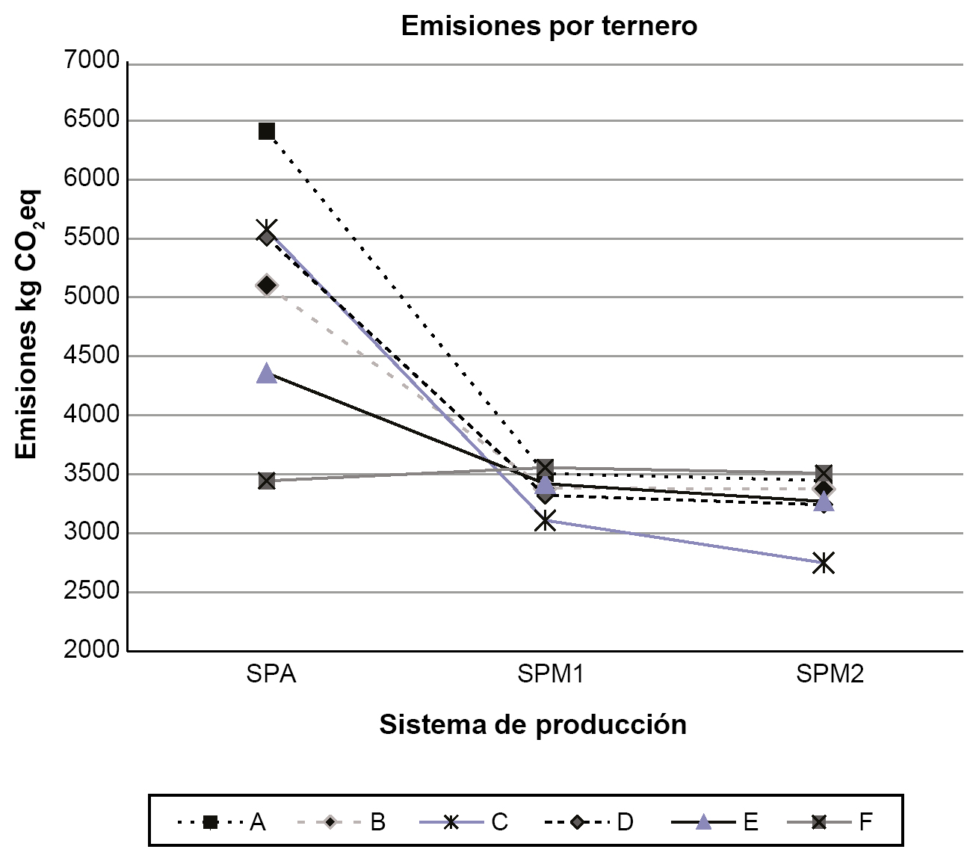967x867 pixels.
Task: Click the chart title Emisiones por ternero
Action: click(549, 26)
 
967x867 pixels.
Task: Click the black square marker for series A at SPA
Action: click(267, 132)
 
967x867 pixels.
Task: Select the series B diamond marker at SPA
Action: click(267, 285)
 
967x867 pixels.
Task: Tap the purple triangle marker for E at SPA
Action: click(267, 374)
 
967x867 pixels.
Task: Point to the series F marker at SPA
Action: click(267, 480)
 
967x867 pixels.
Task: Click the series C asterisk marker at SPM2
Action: click(824, 562)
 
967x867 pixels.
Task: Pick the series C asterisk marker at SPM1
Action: click(546, 520)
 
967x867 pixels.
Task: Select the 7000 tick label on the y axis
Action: click(92, 61)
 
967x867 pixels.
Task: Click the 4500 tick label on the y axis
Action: click(92, 355)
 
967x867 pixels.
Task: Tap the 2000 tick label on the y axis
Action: click(92, 650)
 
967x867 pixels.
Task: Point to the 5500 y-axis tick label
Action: click(92, 237)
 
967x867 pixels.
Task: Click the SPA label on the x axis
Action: click(271, 674)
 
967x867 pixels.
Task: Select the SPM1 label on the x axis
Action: click(550, 674)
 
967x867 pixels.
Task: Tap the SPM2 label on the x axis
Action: click(829, 674)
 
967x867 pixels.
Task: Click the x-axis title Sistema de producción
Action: click(533, 724)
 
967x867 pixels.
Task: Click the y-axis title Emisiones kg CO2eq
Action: click(28, 326)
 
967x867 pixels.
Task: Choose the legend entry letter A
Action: click(258, 822)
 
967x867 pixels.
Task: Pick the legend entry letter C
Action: click(499, 822)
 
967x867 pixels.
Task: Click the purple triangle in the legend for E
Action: click(703, 822)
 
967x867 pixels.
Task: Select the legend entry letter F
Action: click(865, 822)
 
